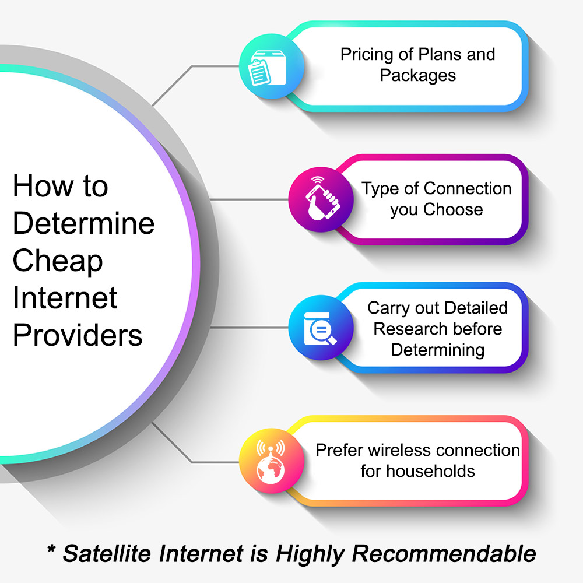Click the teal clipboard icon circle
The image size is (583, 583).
click(272, 66)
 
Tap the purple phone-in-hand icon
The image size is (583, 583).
click(321, 199)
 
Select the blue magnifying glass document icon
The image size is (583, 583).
click(321, 328)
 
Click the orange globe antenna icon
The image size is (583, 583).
click(272, 461)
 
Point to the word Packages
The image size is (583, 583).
click(418, 76)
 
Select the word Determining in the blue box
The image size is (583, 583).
click(438, 350)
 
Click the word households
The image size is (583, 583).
click(431, 472)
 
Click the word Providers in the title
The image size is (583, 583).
click(78, 335)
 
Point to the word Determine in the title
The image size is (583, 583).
click(83, 223)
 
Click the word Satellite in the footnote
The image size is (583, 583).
click(107, 554)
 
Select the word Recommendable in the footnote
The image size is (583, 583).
click(444, 554)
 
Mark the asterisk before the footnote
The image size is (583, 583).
click(52, 549)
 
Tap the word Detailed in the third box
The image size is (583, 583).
click(476, 308)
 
